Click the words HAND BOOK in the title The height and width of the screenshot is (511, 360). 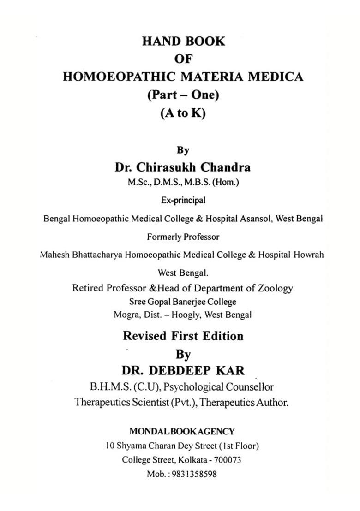click(x=183, y=41)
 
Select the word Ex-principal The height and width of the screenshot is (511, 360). click(x=183, y=201)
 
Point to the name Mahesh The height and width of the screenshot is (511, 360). click(x=54, y=255)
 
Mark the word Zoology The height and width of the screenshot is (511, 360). click(x=274, y=288)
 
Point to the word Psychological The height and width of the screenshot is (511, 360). click(x=183, y=386)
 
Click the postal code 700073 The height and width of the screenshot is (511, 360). click(x=227, y=460)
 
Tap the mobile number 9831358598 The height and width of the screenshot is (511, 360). click(x=195, y=474)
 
